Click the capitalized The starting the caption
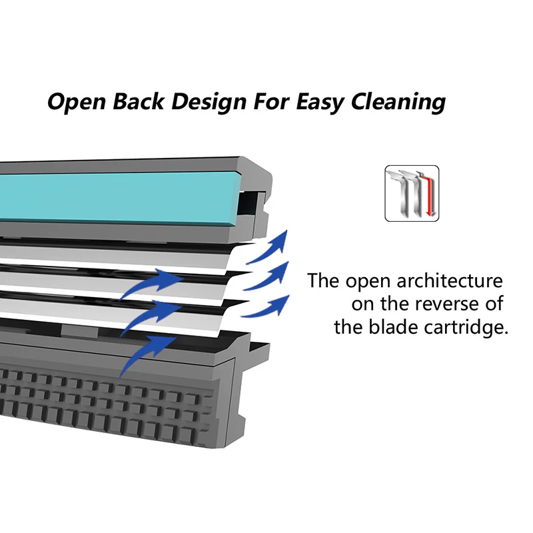[x=324, y=280]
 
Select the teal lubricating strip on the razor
[x=113, y=197]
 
